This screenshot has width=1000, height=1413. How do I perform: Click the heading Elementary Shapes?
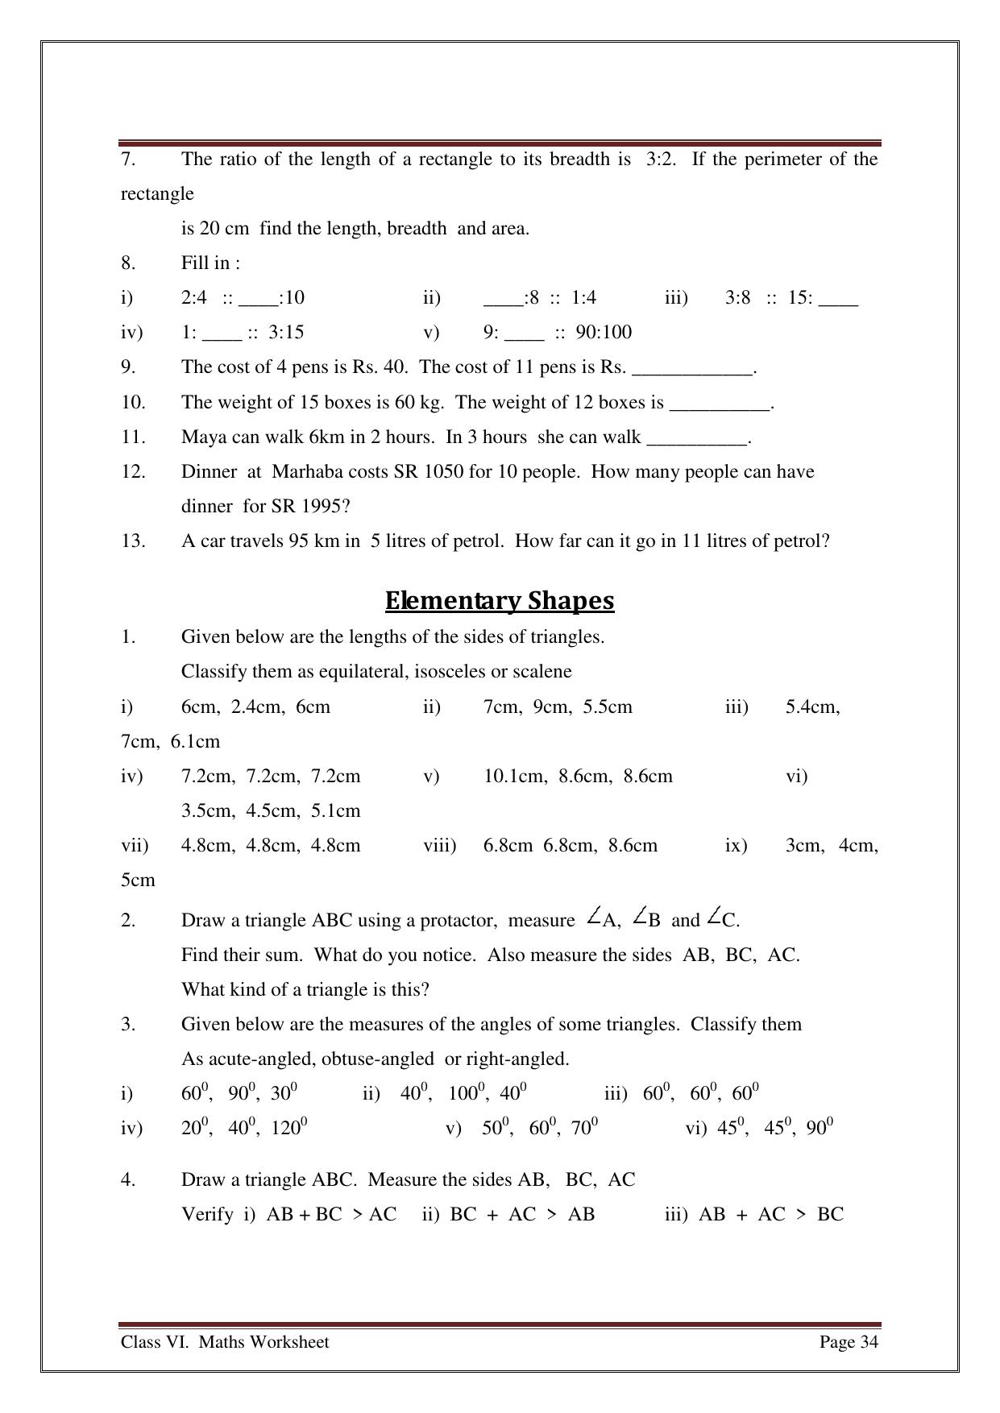click(500, 601)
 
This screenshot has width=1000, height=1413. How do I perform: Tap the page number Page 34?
click(849, 1342)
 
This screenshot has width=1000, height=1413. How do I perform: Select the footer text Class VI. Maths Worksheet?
click(225, 1342)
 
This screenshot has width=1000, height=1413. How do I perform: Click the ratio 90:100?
click(604, 333)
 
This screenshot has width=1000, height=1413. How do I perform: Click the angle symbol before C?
click(714, 917)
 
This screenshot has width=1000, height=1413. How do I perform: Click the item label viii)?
click(440, 846)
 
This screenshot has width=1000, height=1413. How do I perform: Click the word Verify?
click(207, 1215)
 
